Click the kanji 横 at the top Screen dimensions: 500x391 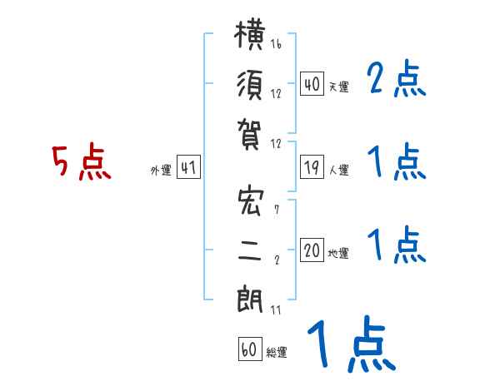coord(250,34)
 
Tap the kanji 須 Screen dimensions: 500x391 coord(250,85)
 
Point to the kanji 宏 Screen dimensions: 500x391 coord(251,202)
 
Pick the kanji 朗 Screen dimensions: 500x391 coord(250,299)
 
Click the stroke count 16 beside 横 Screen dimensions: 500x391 coord(276,43)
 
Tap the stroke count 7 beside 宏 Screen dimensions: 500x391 coord(277,209)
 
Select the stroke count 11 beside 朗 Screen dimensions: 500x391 coord(276,309)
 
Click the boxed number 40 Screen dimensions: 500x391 coord(312,84)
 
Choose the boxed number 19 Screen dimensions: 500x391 coord(312,167)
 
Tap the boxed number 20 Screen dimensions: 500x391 coord(312,250)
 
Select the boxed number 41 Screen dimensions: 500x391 coord(188,167)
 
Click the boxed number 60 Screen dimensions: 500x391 coord(250,349)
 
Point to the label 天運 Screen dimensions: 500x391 coord(338,87)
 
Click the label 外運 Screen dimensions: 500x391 coord(161,170)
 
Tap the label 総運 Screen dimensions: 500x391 coord(277,352)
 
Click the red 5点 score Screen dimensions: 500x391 coord(82,161)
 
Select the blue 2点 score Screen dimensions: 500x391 coord(396,78)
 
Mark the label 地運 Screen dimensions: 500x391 coord(338,254)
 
